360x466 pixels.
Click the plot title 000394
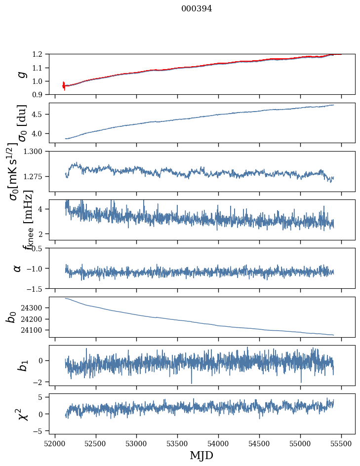(197, 8)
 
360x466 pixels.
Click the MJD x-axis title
(201, 455)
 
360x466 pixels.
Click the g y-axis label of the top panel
(21, 74)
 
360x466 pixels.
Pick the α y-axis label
(18, 268)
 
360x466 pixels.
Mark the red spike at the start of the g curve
(64, 85)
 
